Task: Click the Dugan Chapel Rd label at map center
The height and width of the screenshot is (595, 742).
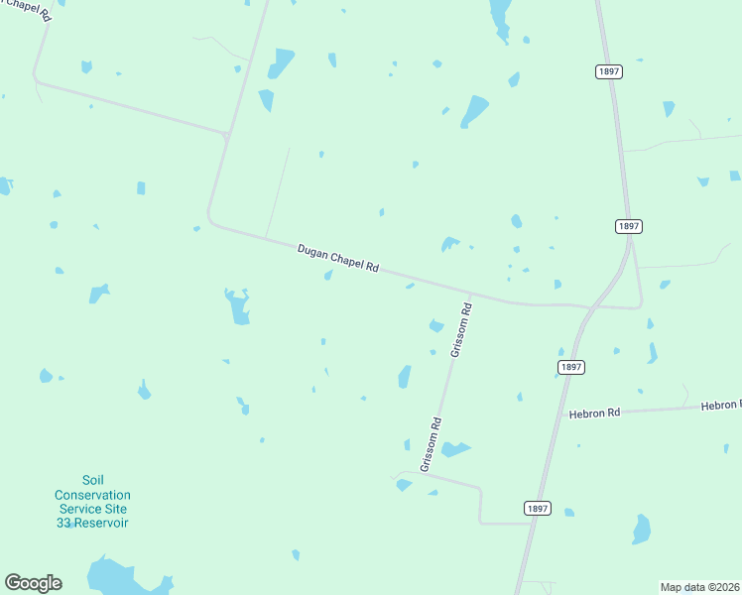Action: [x=338, y=258]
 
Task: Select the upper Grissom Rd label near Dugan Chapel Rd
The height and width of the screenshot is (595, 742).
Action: [x=462, y=330]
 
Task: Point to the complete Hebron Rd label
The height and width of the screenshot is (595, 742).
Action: [x=594, y=413]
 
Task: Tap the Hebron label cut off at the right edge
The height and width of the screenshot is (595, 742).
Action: [x=720, y=405]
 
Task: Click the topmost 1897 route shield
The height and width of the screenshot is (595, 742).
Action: [x=608, y=71]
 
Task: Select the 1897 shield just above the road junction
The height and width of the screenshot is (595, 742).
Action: [x=628, y=226]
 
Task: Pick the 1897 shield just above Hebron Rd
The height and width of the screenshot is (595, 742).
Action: [x=570, y=367]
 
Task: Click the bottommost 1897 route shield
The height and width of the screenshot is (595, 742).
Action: [x=537, y=508]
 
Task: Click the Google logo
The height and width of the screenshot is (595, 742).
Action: [x=33, y=583]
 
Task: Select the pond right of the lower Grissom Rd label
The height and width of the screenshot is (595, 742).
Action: [x=455, y=450]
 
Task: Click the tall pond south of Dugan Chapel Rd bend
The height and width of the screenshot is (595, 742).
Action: [x=239, y=307]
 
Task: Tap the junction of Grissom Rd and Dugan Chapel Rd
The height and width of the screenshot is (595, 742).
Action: [x=470, y=294]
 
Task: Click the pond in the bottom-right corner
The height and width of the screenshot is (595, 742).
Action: [x=642, y=531]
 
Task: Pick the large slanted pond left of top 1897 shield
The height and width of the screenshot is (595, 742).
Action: [x=474, y=111]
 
